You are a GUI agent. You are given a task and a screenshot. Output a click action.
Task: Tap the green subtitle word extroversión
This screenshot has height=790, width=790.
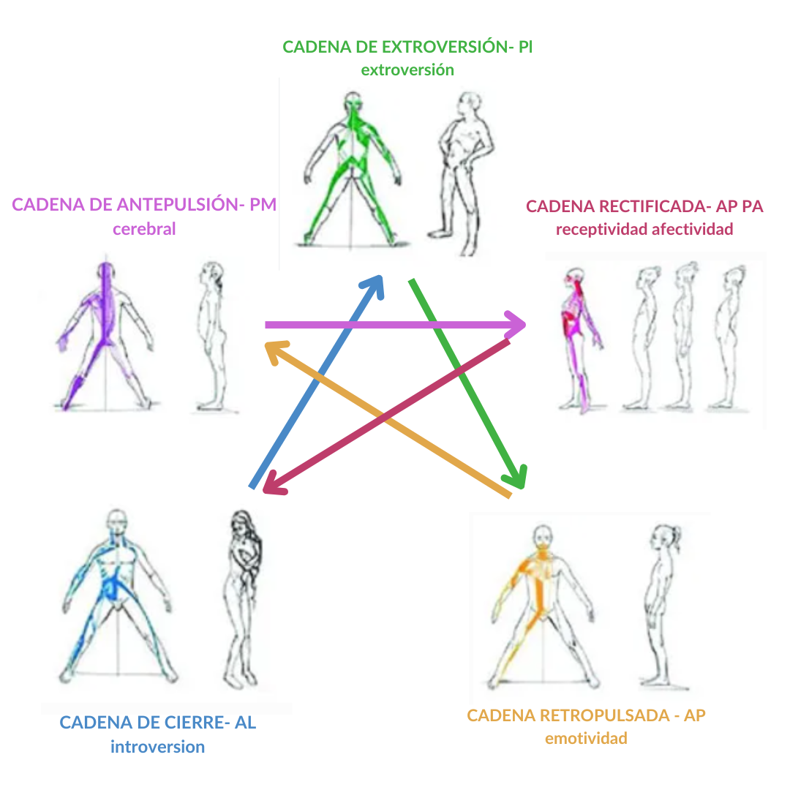point(407,70)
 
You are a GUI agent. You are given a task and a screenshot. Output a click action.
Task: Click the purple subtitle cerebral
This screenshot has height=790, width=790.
point(144,228)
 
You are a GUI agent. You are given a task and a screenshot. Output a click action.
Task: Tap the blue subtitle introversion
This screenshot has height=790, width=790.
point(157,747)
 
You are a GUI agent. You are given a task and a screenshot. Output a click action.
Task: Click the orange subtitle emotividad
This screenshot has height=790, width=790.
point(586,738)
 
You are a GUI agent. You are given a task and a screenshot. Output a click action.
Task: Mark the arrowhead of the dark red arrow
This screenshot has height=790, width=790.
point(273,485)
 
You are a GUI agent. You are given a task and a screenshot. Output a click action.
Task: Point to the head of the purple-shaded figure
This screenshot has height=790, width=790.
point(107,271)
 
